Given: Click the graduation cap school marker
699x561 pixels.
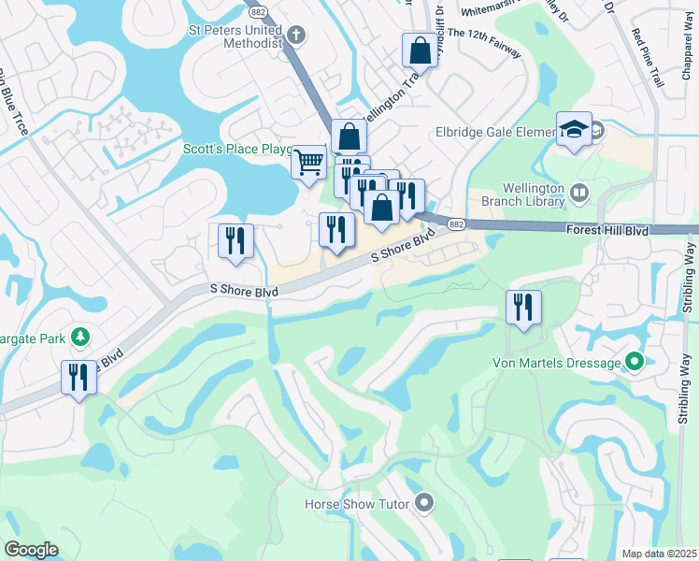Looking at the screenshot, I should [574, 129].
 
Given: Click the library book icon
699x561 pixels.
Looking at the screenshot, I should [579, 194].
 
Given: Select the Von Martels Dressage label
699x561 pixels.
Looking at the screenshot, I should [557, 362].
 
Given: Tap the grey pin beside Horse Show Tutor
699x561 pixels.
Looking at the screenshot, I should [424, 504].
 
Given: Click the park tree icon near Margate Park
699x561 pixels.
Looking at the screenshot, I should [81, 336].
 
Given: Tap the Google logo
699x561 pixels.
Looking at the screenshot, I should [32, 550].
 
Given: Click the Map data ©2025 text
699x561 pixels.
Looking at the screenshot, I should [659, 554].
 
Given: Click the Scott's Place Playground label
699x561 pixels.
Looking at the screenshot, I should [238, 149].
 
